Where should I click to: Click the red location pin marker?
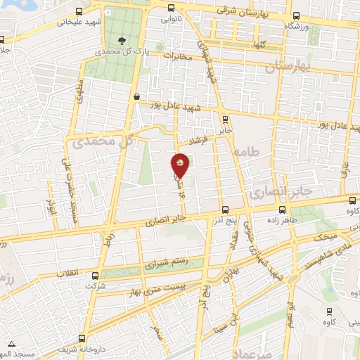[x=181, y=165]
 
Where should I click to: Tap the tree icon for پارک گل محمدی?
[x=122, y=41]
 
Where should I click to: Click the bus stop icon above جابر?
[x=225, y=119]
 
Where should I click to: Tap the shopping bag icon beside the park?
[x=136, y=97]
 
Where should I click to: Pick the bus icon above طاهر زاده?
[x=282, y=209]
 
